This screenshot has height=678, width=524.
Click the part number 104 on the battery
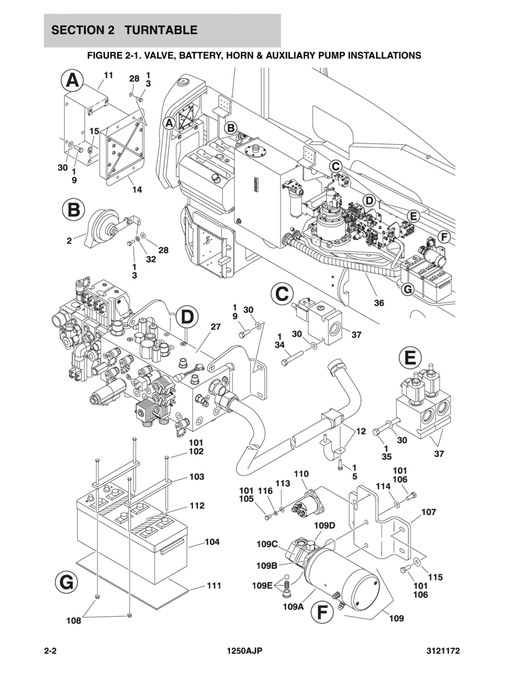pos(212,542)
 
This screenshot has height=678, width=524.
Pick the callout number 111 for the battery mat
pos(213,586)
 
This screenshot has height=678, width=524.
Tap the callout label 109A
pos(293,607)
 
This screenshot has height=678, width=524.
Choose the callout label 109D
pos(324,525)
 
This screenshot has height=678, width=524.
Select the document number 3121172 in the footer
pos(443,651)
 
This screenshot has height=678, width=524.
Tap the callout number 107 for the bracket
pos(428,512)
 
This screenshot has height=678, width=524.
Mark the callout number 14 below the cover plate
pos(136,189)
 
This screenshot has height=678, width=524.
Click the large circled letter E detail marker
pos(410,357)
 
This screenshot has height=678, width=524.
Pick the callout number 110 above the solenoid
pos(301,474)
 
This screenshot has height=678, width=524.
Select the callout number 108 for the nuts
pos(74,621)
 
